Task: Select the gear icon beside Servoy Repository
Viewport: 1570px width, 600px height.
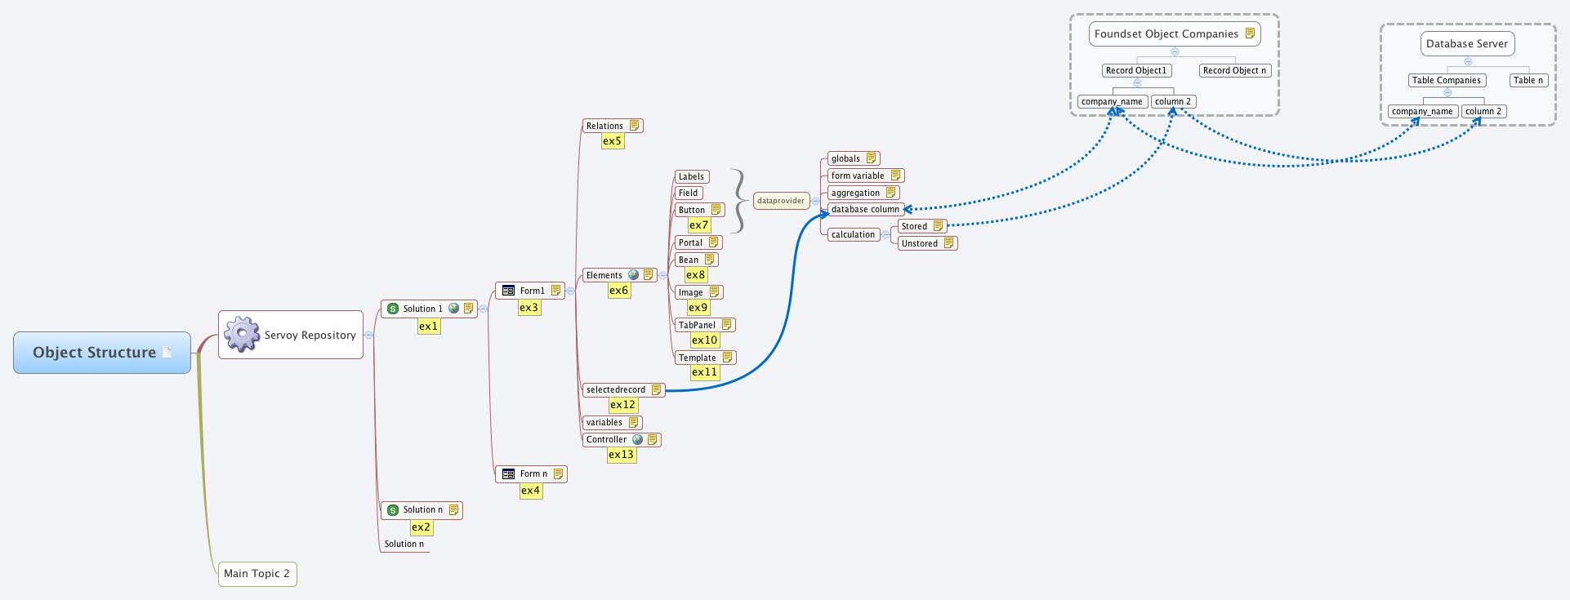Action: tap(242, 335)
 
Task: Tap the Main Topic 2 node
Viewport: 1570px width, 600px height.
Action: tap(256, 573)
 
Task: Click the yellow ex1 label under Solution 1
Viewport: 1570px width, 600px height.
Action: tap(428, 326)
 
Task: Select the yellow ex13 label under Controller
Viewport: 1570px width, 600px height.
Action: tap(621, 455)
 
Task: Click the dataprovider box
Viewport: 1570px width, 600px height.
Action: tap(781, 200)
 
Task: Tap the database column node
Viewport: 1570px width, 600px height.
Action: tap(865, 209)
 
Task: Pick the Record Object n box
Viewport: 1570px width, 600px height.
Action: tap(1234, 70)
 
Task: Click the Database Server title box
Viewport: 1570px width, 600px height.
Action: tap(1467, 43)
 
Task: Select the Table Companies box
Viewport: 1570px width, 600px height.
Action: tap(1446, 80)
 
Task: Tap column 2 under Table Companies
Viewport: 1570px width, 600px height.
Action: tap(1483, 111)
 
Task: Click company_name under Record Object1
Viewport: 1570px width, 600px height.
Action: tap(1112, 101)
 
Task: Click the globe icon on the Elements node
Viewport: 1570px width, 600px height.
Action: tap(633, 275)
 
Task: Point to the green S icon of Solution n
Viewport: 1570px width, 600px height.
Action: tap(393, 509)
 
